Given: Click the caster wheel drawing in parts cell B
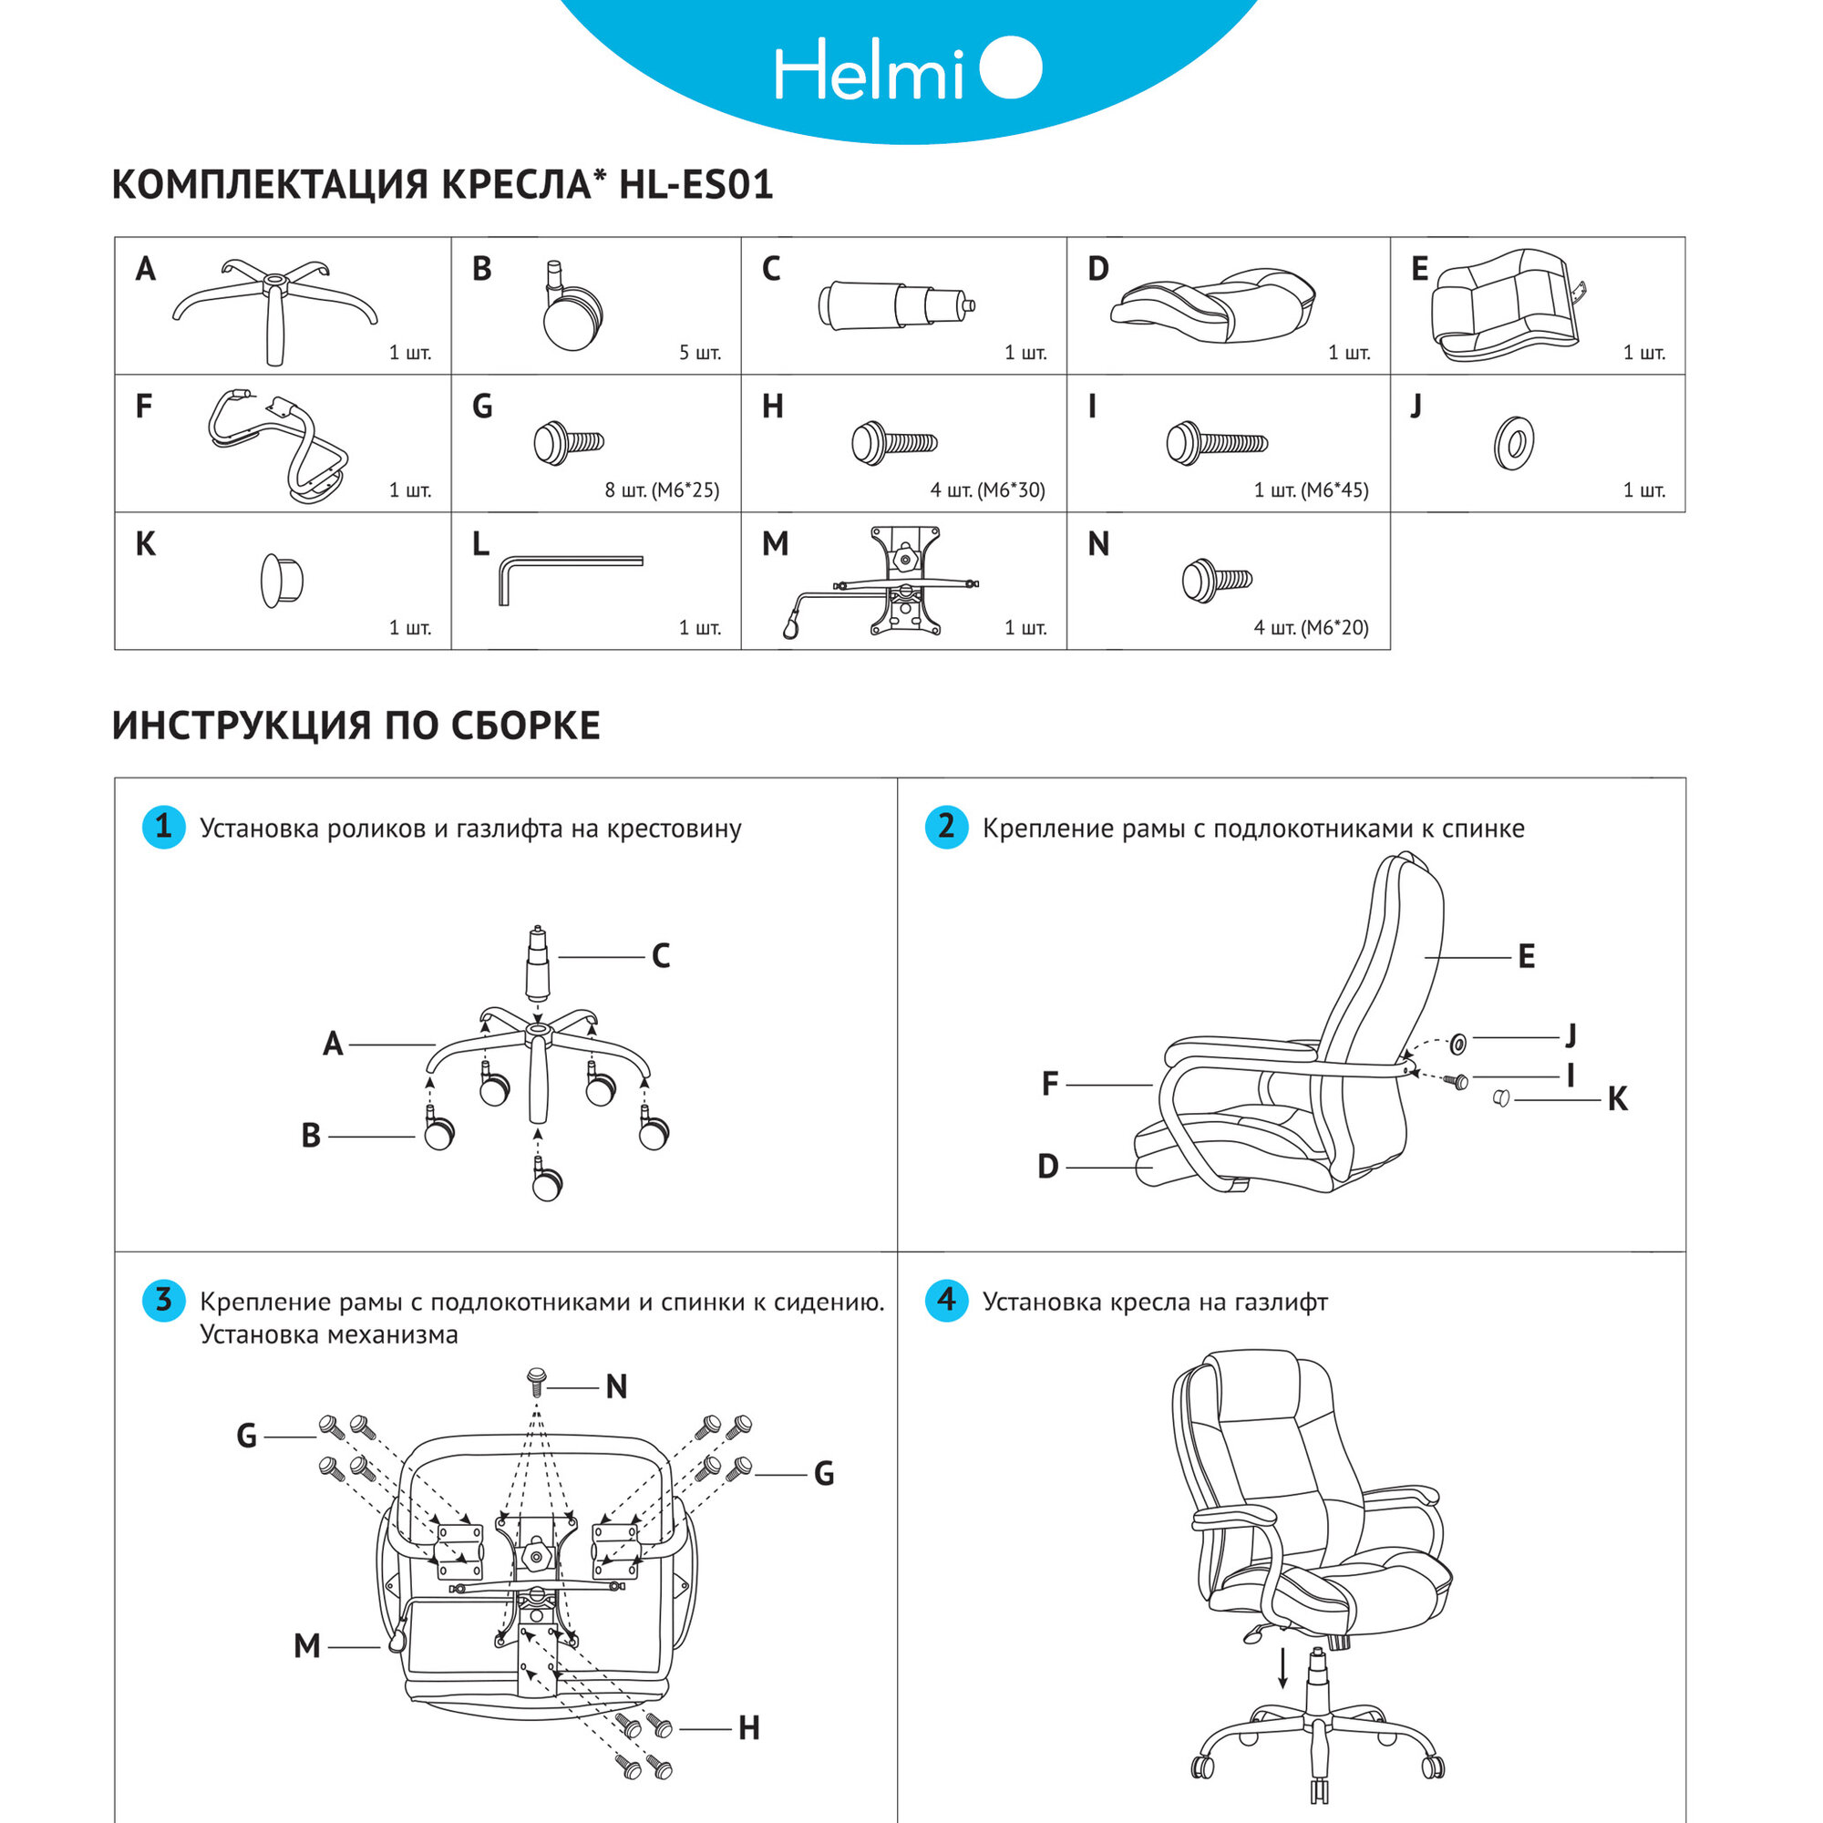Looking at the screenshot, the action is pos(572,311).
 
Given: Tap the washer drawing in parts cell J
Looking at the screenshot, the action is pos(1513,443).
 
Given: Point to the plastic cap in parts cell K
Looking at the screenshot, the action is pos(281,581).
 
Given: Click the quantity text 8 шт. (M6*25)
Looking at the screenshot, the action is pos(662,489).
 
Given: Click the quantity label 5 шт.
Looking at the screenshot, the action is pos(699,353).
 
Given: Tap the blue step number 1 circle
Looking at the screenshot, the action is pos(163,827).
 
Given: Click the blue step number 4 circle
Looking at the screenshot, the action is pos(945,1301).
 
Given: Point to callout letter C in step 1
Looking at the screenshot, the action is pos(661,956).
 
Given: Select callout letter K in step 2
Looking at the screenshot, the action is pos(1616,1099).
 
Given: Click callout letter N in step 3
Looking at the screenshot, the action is pos(616,1387).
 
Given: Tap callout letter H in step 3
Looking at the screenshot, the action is pos(748,1727).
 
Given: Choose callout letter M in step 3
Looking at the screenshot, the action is pos(306,1645).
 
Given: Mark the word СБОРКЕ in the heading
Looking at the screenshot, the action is pos(525,726).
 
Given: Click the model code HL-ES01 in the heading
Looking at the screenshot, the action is pos(695,184).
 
